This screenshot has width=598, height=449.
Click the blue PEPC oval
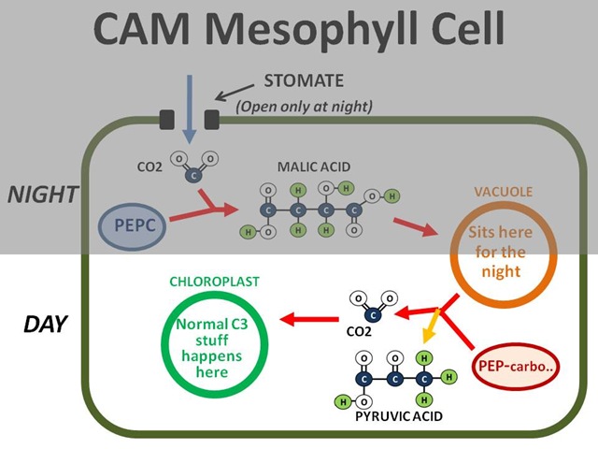click(x=133, y=226)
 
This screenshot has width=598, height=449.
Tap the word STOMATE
click(x=304, y=80)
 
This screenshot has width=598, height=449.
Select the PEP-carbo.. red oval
click(x=516, y=366)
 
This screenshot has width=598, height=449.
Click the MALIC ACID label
click(x=314, y=167)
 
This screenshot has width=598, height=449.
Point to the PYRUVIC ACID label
click(x=399, y=415)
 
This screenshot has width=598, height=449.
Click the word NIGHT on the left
click(x=43, y=195)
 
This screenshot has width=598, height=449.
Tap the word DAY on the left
click(x=46, y=324)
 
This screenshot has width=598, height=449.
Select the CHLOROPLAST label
click(x=214, y=282)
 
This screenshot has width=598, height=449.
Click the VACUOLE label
click(x=504, y=192)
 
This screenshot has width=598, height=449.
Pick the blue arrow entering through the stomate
click(x=190, y=109)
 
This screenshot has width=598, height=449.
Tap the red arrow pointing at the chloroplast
click(x=309, y=319)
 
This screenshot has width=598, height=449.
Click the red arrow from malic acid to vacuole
click(x=415, y=226)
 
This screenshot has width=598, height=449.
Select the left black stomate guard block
click(x=166, y=120)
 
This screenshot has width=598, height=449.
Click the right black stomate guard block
click(x=212, y=120)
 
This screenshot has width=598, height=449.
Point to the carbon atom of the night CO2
click(x=193, y=176)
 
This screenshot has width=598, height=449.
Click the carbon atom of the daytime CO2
click(x=373, y=315)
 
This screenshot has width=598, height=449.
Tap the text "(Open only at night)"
click(x=304, y=106)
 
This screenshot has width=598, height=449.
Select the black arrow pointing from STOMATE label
click(x=235, y=93)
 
